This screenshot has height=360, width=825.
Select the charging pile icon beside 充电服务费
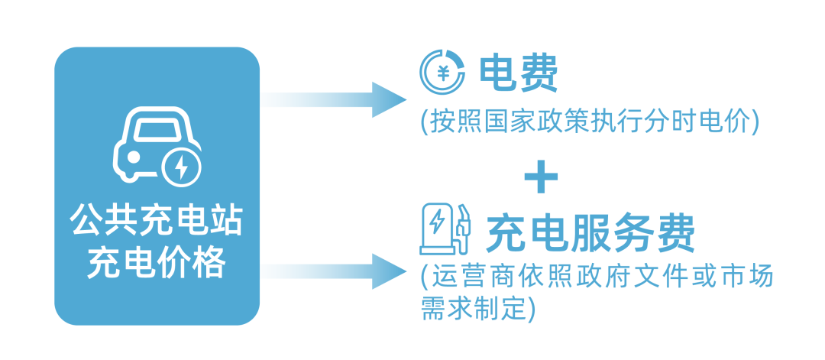point(444,229)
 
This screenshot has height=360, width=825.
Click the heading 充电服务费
point(590,232)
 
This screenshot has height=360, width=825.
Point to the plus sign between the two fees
point(542,177)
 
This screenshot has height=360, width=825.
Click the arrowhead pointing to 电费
point(390,100)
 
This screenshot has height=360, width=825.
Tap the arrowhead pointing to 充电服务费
point(390,271)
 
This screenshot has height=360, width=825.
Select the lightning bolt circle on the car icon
point(181,168)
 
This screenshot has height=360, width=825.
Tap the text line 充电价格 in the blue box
point(157,264)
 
